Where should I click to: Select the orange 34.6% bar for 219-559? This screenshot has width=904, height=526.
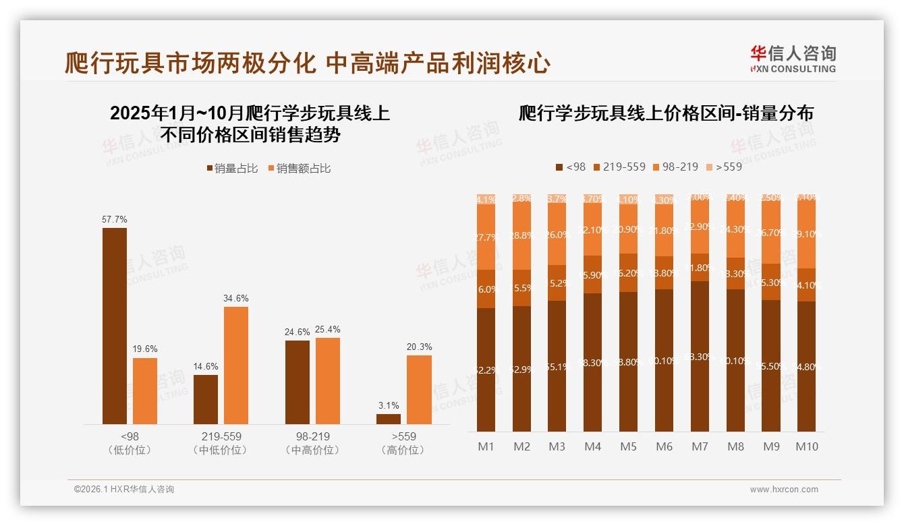236,366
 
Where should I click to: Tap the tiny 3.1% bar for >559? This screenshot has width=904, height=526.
389,419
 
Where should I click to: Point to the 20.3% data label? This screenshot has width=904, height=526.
419,347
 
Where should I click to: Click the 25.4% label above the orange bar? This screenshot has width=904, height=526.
328,329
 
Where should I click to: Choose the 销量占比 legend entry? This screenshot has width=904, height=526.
231,169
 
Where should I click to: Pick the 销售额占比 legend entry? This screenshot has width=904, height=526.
299,169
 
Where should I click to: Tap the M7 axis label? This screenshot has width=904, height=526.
700,447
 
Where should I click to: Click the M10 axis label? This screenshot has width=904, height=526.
806,447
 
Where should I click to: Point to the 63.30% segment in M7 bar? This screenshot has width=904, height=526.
700,356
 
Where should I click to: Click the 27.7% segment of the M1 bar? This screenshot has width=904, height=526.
486,237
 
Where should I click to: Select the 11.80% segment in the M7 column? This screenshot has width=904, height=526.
700,268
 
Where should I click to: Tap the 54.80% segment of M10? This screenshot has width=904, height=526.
806,367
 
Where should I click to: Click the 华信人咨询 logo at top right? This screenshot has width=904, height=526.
793,59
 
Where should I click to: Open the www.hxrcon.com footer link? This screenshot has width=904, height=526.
784,490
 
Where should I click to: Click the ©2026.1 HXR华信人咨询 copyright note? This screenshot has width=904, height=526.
123,490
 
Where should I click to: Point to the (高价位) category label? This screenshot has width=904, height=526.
403,450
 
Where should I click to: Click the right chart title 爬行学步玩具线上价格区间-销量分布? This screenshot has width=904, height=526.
666,113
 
